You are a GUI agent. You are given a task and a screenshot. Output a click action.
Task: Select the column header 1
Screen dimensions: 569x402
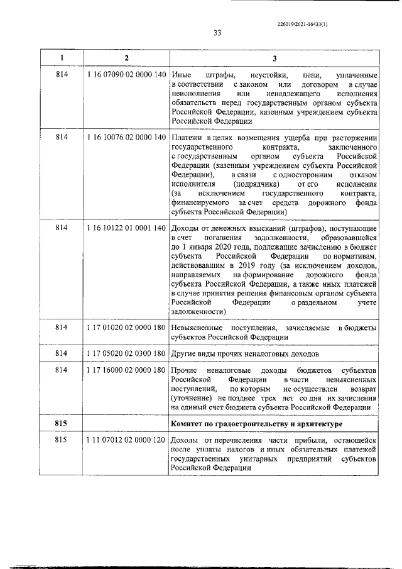point(62,58)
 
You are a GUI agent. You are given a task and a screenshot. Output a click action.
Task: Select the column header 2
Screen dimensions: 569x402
point(126,58)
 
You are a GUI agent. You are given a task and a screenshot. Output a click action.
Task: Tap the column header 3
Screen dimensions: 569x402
point(274,58)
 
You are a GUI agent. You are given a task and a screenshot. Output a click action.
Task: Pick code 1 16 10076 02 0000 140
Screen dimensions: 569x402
point(126,138)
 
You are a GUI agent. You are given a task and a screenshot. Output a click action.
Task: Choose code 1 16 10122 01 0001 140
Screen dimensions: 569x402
point(126,226)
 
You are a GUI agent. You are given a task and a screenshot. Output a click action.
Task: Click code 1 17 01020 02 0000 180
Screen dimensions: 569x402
point(126,328)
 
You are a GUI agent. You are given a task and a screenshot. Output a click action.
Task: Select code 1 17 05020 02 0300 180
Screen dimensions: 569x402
point(126,353)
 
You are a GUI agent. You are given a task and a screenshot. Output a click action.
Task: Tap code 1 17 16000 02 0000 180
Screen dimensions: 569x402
point(126,372)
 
